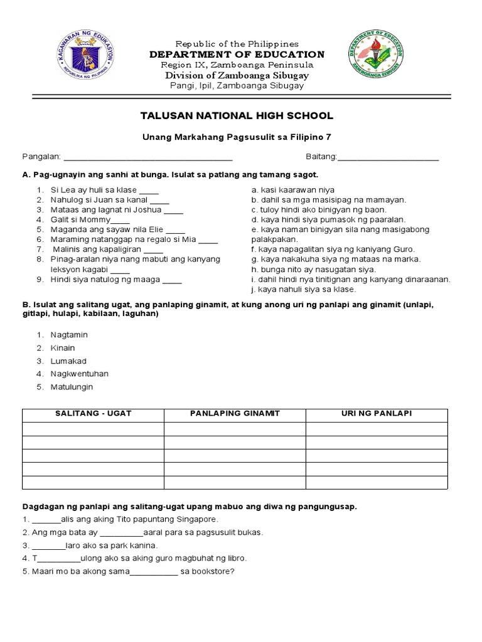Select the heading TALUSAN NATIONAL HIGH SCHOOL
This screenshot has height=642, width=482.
click(x=241, y=116)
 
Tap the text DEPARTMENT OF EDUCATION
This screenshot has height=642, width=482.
click(x=237, y=55)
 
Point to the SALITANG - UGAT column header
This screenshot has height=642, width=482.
click(x=93, y=414)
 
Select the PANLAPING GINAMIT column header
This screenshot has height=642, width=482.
click(x=235, y=414)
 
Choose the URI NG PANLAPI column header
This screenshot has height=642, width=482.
click(x=377, y=414)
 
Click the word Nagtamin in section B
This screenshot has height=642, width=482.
click(x=69, y=335)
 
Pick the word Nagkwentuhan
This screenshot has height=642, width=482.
click(x=80, y=374)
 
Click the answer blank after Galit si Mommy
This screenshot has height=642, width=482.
click(x=120, y=220)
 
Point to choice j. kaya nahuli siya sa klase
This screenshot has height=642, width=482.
click(x=303, y=290)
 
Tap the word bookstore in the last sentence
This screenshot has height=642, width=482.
click(x=212, y=571)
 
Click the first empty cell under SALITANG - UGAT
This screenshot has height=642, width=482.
click(x=93, y=428)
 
